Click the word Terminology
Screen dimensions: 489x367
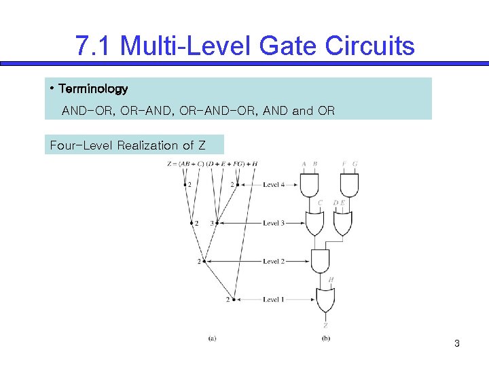pos(93,89)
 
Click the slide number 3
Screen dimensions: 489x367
pos(457,343)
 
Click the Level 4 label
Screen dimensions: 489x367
pos(273,185)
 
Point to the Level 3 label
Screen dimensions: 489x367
pos(273,223)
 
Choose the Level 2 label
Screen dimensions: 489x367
pos(273,261)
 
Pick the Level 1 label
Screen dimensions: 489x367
pos(273,299)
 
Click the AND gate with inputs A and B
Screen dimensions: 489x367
pos(309,183)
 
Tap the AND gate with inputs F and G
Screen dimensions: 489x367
pos(349,183)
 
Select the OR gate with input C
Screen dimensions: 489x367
pos(315,222)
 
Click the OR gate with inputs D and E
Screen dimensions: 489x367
pos(342,222)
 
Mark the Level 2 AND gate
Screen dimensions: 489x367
pos(320,260)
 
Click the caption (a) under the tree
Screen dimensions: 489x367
pos(212,338)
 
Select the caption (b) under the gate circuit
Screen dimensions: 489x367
pos(325,338)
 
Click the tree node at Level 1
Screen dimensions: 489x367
pos(234,299)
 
